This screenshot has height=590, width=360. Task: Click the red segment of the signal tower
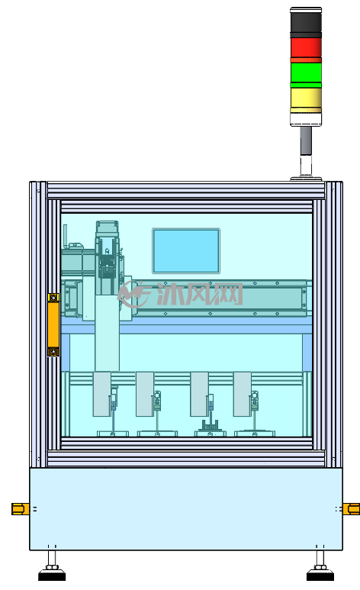306,48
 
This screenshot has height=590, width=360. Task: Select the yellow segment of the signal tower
306,98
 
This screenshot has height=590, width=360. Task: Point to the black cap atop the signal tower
306,20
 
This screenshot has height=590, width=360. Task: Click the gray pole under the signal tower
306,140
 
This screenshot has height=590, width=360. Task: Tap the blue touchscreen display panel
186,250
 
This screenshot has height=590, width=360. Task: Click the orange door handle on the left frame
53,324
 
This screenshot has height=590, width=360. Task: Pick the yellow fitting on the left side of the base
21,509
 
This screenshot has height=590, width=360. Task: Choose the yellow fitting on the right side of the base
352,509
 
